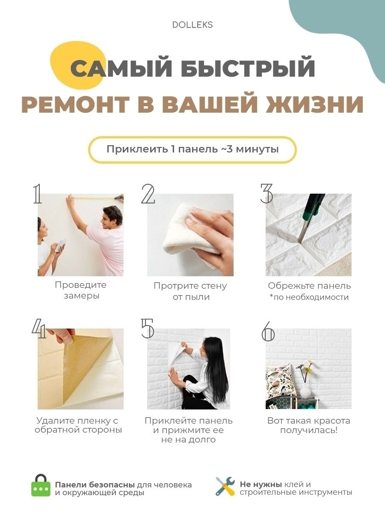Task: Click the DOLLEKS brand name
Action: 192,25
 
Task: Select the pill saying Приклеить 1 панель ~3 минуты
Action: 192,149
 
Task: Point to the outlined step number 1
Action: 37,194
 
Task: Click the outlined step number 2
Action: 148,194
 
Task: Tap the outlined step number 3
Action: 267,194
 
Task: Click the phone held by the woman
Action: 61,245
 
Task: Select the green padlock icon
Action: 41,485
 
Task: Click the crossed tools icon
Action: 225,486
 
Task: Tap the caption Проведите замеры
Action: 81,290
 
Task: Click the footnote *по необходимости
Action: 309,297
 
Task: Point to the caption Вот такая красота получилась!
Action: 309,425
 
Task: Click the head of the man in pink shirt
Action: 112,217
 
